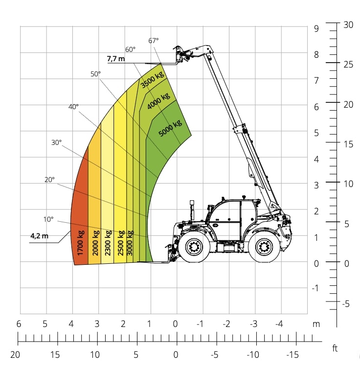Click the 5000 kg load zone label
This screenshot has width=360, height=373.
pyautogui.click(x=170, y=128)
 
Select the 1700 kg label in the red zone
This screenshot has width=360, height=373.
pyautogui.click(x=81, y=243)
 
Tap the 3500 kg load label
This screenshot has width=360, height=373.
pyautogui.click(x=152, y=79)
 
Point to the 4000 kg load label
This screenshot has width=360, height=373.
pyautogui.click(x=158, y=101)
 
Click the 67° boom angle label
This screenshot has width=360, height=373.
pyautogui.click(x=154, y=41)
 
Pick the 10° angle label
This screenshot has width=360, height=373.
pyautogui.click(x=48, y=219)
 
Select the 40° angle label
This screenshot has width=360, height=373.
pyautogui.click(x=73, y=107)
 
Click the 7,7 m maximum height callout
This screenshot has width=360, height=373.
pyautogui.click(x=116, y=59)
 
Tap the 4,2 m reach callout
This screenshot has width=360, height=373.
pyautogui.click(x=40, y=236)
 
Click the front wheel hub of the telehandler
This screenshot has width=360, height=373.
pyautogui.click(x=194, y=247)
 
